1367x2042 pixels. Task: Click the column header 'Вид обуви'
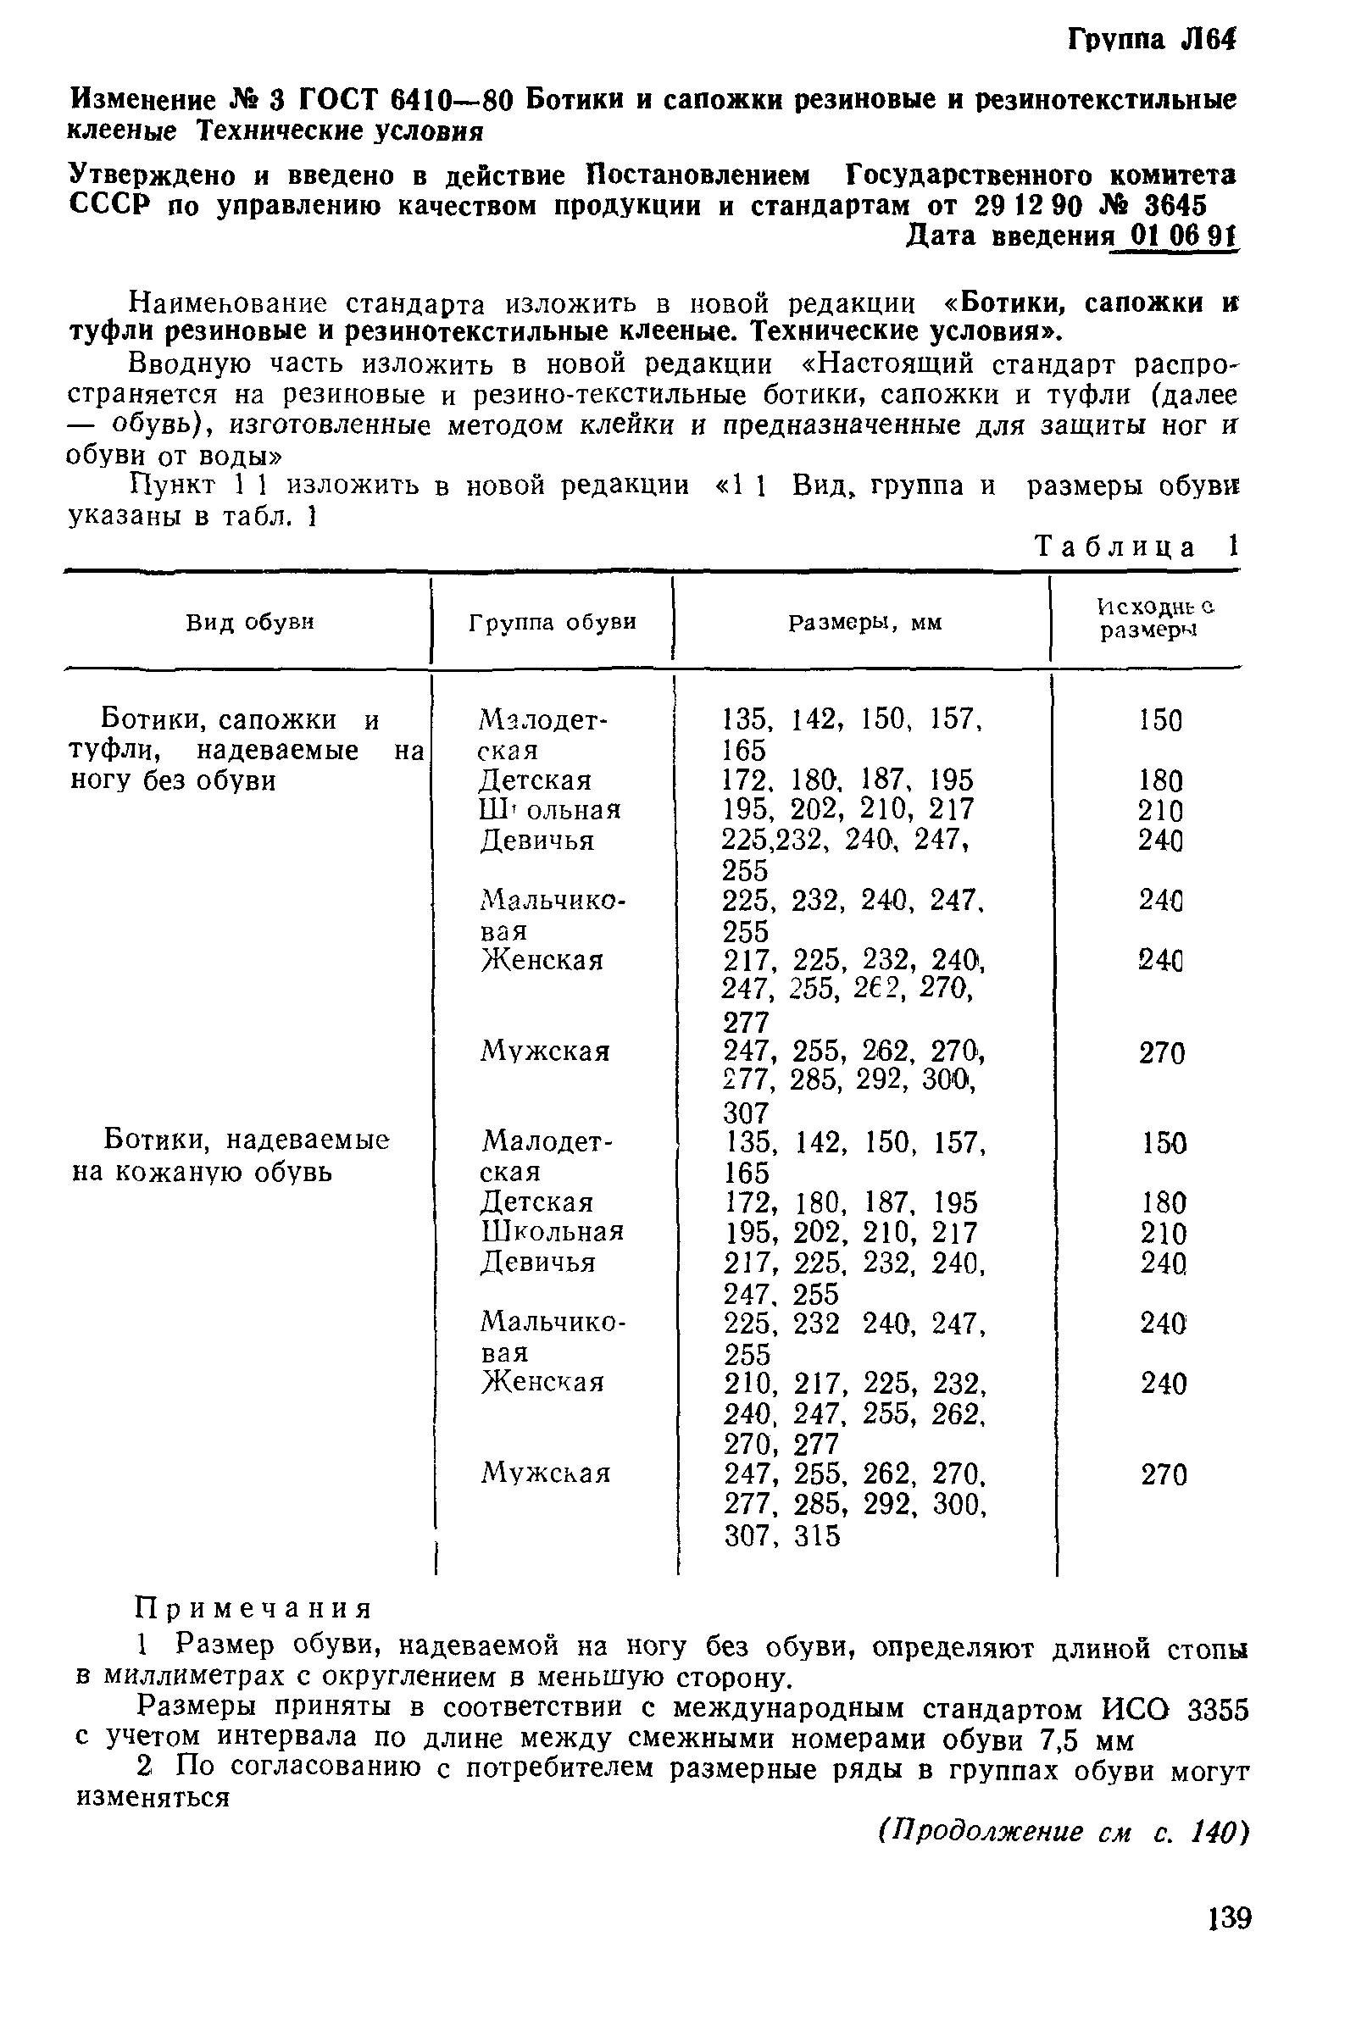(x=249, y=622)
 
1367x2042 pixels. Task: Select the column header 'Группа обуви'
(x=552, y=622)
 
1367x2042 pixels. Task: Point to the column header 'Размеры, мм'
(x=864, y=622)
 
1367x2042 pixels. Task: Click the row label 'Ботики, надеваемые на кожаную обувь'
(x=231, y=1157)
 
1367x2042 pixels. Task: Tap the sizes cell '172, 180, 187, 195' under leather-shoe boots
(x=851, y=1203)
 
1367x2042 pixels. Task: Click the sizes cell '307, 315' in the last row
(x=782, y=1535)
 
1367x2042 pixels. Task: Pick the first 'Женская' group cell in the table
(x=542, y=961)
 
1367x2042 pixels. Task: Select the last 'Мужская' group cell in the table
(x=546, y=1473)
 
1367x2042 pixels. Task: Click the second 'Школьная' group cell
(x=552, y=1231)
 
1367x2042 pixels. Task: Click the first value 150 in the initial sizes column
(x=1160, y=721)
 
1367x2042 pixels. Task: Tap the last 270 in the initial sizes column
(x=1164, y=1474)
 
